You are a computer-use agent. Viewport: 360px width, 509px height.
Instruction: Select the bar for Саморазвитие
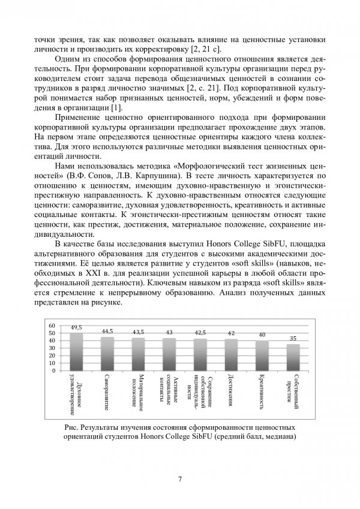pos(107,354)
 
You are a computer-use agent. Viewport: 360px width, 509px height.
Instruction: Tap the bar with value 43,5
pos(138,354)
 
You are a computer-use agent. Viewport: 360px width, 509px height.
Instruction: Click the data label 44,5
pos(107,331)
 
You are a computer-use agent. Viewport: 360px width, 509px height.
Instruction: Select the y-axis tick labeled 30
pos(52,348)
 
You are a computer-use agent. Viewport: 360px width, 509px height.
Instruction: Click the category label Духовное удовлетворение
pos(76,396)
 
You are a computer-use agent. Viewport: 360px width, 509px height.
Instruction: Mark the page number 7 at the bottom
pos(180,478)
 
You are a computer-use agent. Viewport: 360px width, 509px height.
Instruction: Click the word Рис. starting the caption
pos(71,426)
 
